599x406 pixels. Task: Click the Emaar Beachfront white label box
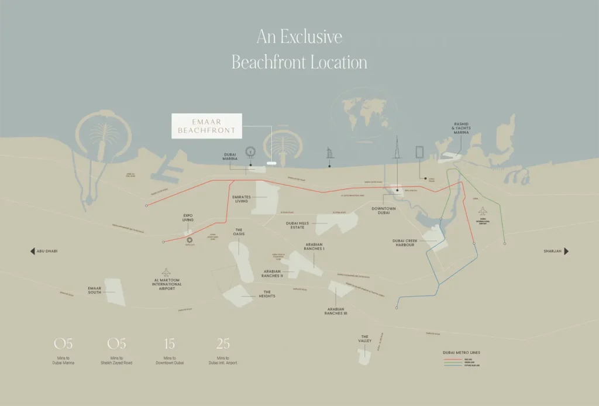pos(206,126)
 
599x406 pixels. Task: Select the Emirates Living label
pos(241,199)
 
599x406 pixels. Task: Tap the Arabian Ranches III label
pos(336,311)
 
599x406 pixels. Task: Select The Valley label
pos(364,339)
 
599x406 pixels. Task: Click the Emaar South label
pos(95,290)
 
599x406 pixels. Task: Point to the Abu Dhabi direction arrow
pos(33,251)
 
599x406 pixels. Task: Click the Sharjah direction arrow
pos(566,251)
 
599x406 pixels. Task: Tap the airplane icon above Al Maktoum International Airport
pos(167,272)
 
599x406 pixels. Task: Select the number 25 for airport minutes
pos(223,343)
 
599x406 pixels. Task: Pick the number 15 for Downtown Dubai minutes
pos(170,343)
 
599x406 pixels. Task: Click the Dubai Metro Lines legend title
pos(462,353)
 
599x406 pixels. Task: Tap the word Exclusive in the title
pos(311,37)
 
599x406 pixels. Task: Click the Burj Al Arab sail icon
pos(329,154)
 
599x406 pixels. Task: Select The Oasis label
pos(239,232)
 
